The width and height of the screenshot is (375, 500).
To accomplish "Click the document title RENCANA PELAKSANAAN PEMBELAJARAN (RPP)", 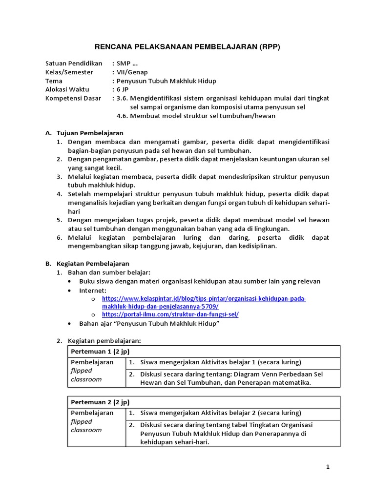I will tap(187, 47).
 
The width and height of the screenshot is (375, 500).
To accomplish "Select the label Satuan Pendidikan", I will tap(74, 63).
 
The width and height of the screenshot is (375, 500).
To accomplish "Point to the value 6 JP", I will tap(123, 90).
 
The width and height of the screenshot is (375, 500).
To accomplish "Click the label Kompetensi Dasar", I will tap(73, 98).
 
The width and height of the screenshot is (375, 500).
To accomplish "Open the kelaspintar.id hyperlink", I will tap(204, 298).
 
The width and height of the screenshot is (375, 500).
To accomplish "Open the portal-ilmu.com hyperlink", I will tap(170, 315).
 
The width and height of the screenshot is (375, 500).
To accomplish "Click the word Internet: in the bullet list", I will tap(93, 290).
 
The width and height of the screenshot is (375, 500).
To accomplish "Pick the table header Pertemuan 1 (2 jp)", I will tap(100, 352).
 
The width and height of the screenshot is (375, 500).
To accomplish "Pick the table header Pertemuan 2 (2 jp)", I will tap(100, 402).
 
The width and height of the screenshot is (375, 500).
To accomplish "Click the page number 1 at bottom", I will tap(328, 467).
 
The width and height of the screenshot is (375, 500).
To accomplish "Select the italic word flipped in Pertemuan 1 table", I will tap(82, 371).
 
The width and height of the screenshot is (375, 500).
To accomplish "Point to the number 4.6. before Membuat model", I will tap(125, 116).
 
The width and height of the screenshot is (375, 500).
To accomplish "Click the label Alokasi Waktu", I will tap(66, 90).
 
